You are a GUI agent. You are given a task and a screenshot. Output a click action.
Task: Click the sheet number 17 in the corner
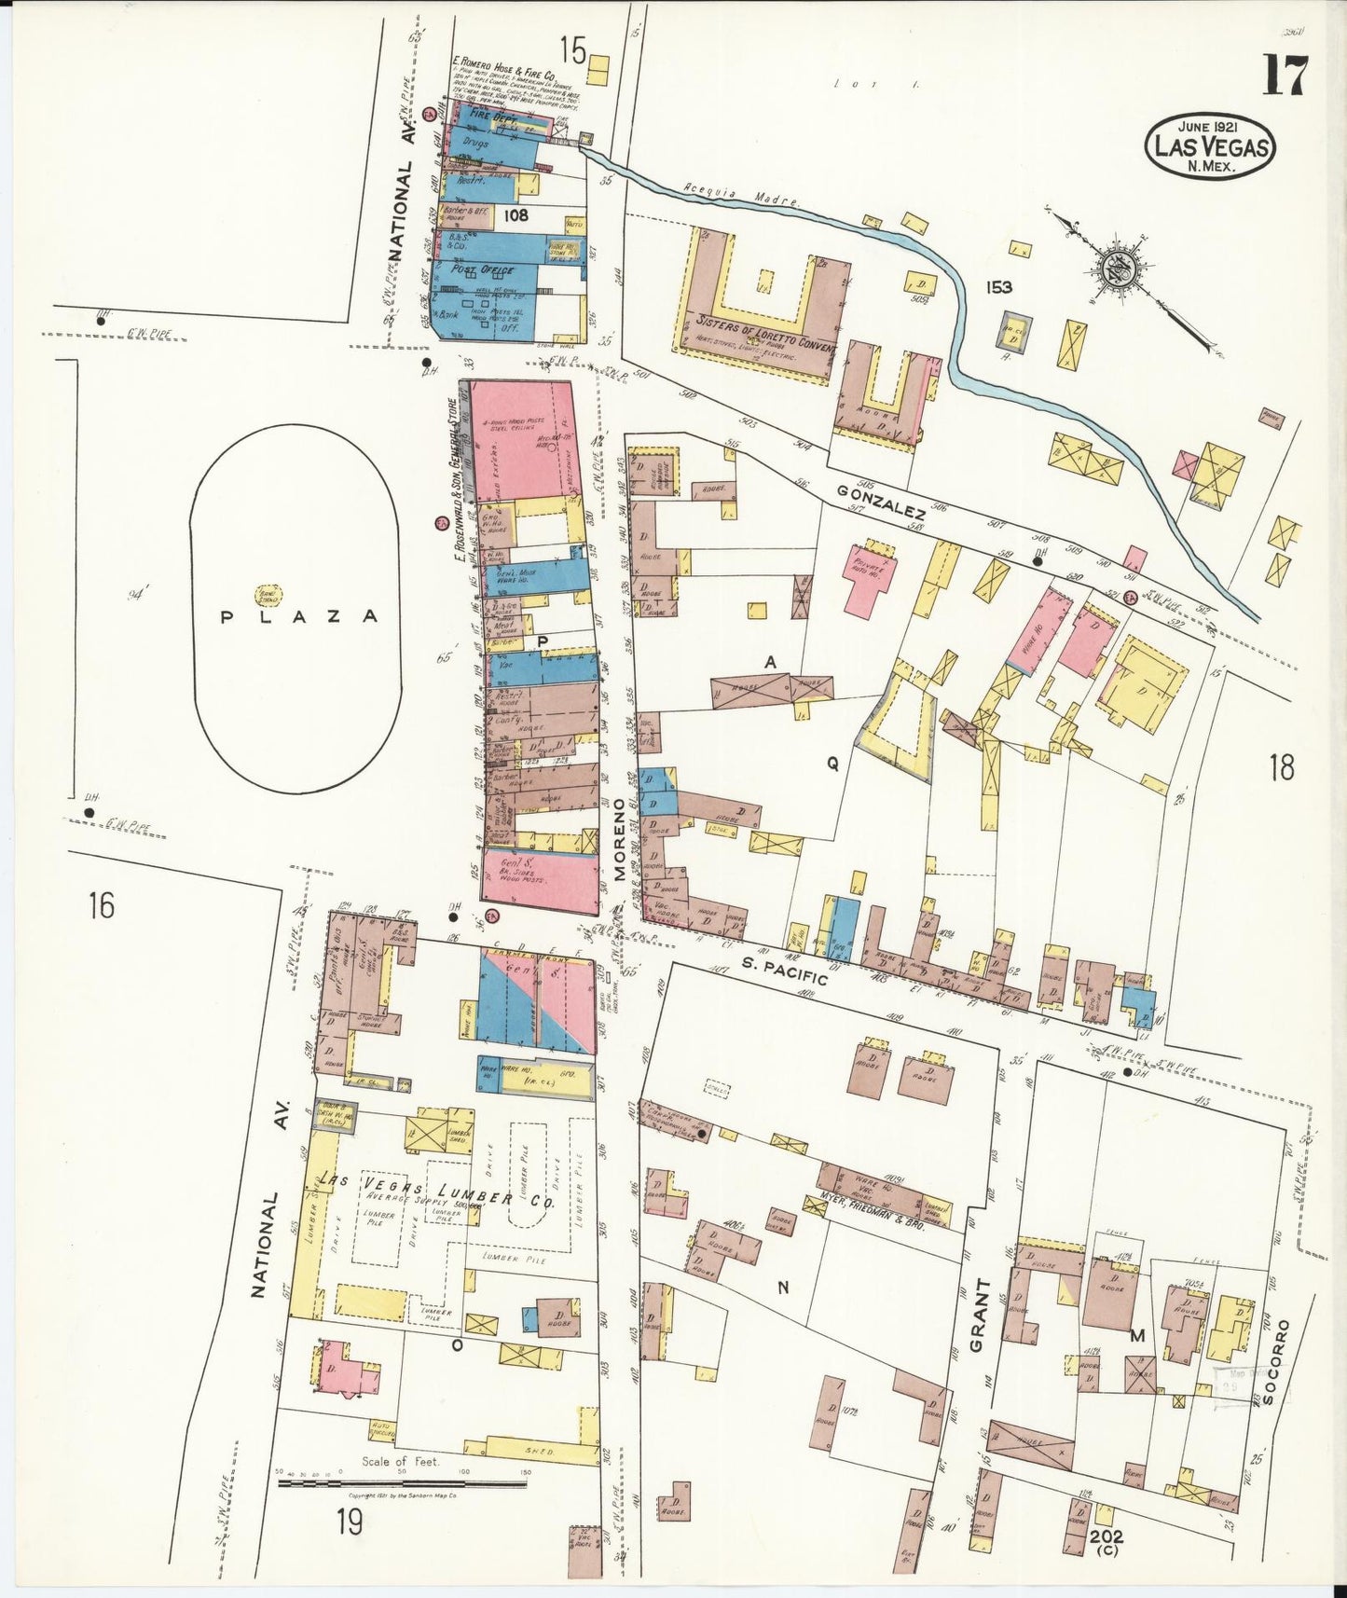(1285, 76)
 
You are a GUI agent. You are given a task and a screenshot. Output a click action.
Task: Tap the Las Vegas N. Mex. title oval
(1210, 145)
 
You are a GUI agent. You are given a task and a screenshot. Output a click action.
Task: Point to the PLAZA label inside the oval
(299, 616)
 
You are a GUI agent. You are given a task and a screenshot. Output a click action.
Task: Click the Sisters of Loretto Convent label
(765, 335)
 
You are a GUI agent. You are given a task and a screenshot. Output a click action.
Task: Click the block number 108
(515, 215)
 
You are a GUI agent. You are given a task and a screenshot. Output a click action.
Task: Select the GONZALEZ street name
(880, 502)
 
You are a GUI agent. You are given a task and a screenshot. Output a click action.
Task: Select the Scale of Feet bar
(402, 1482)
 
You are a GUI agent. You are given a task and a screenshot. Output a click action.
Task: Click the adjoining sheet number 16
(101, 904)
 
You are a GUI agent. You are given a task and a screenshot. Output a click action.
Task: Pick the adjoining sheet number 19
(350, 1522)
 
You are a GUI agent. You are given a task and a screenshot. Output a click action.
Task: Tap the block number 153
(998, 287)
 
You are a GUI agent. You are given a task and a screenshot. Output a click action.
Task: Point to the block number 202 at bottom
(1105, 1536)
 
